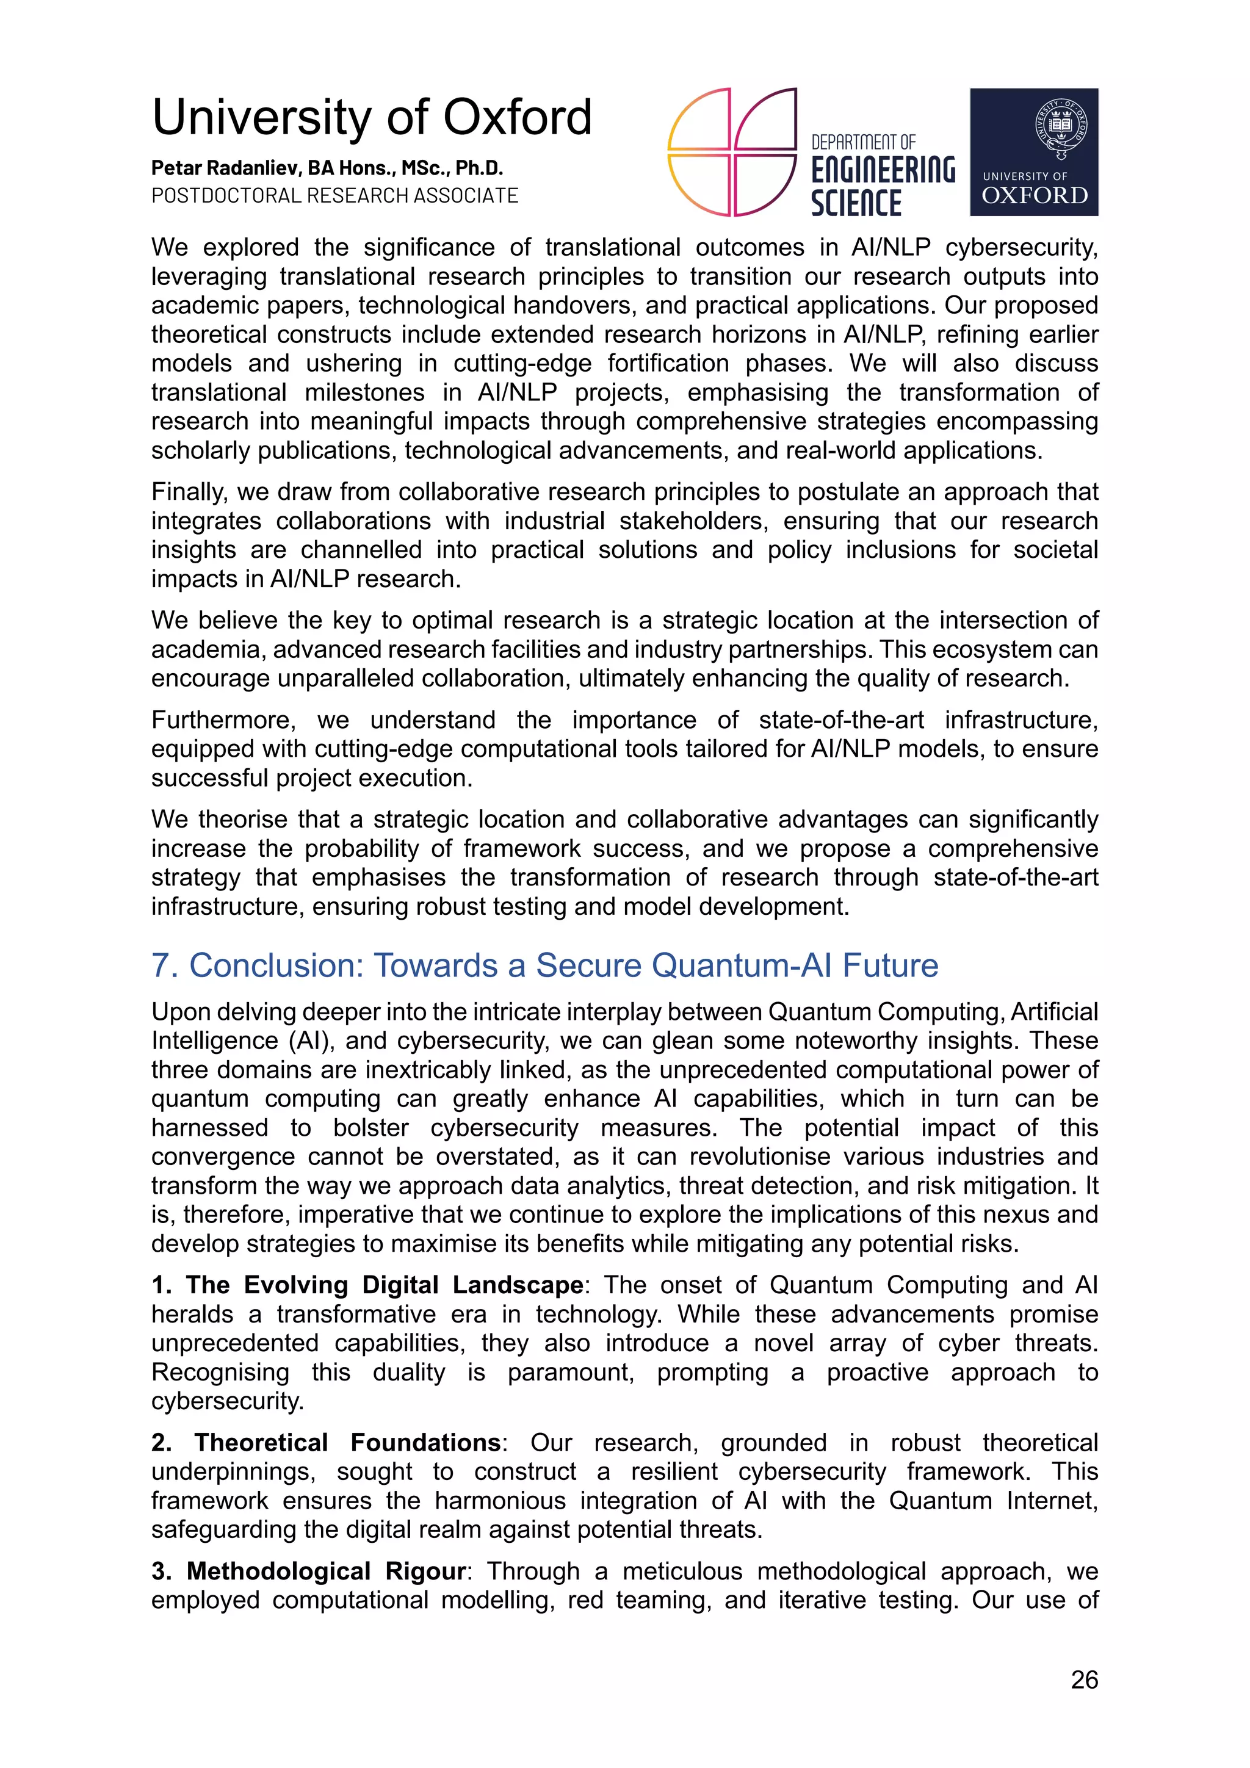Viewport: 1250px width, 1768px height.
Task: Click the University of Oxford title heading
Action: pos(371,117)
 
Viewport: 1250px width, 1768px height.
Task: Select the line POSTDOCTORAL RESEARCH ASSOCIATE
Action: pos(334,195)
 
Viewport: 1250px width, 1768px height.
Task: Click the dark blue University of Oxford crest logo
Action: pos(1033,152)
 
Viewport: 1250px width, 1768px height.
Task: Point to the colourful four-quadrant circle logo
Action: pos(731,152)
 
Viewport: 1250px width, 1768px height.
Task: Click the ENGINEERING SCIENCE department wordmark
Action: pos(882,177)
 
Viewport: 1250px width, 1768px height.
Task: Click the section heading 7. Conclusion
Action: pos(544,965)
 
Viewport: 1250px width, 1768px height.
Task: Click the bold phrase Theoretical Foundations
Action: pos(347,1441)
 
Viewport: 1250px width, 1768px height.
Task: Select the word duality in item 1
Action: pos(408,1371)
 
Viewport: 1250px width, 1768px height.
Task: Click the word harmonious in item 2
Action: pos(499,1500)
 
